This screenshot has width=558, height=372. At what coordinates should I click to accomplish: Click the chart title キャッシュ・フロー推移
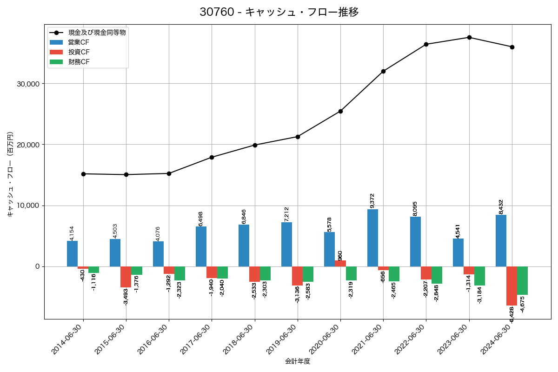pyautogui.click(x=279, y=12)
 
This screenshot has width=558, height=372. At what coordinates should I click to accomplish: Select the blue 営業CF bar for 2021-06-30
pyautogui.click(x=372, y=238)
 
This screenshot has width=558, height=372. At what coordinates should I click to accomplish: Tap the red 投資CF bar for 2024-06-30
pyautogui.click(x=511, y=286)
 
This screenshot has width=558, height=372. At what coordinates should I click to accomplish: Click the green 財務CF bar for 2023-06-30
pyautogui.click(x=479, y=276)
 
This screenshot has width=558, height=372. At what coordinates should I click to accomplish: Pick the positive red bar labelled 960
pyautogui.click(x=340, y=264)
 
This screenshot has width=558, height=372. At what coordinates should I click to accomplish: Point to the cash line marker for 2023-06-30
pyautogui.click(x=469, y=37)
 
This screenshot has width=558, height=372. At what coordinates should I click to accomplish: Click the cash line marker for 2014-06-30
pyautogui.click(x=83, y=174)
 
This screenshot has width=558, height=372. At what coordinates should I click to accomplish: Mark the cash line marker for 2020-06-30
pyautogui.click(x=340, y=111)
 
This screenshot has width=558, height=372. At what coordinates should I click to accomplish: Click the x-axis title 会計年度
pyautogui.click(x=298, y=361)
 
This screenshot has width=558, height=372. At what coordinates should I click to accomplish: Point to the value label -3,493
pyautogui.click(x=126, y=296)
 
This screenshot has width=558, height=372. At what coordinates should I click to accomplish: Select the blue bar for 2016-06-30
pyautogui.click(x=158, y=254)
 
